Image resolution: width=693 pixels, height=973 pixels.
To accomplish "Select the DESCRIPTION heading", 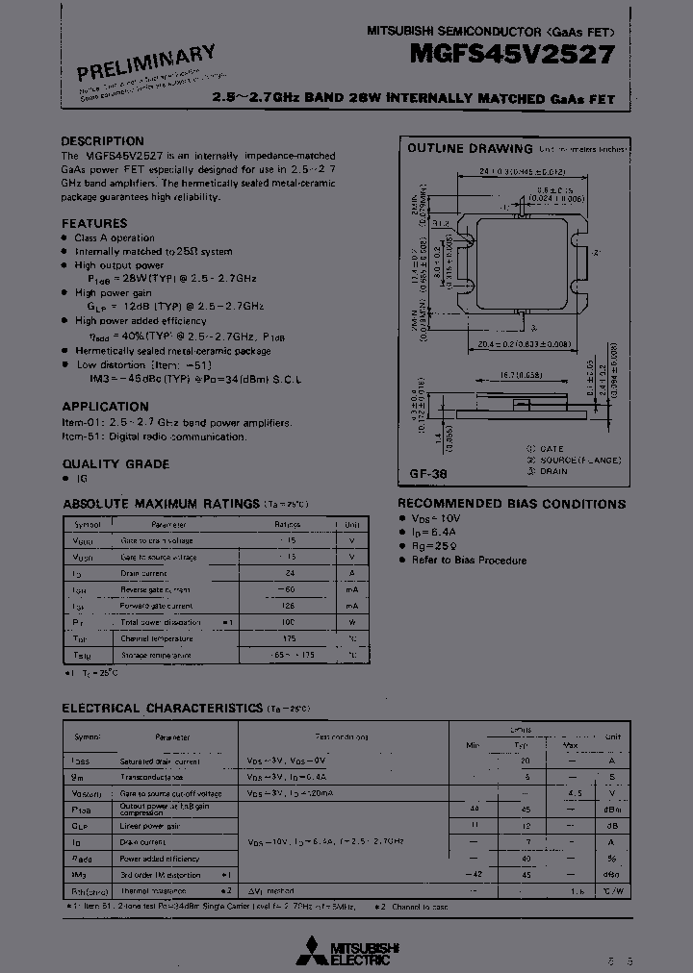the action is point(102,141).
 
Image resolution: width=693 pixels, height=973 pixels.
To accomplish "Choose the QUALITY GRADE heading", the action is point(115,464).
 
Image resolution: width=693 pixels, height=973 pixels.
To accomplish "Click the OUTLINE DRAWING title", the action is point(470,149).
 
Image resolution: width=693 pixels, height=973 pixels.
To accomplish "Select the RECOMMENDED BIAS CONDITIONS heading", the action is point(511,504).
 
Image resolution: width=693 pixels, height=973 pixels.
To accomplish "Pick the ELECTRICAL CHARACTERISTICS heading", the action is point(162,709).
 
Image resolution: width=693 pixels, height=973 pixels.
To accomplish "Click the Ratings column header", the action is point(288,525).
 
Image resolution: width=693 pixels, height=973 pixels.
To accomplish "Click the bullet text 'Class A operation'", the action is point(115,237).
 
